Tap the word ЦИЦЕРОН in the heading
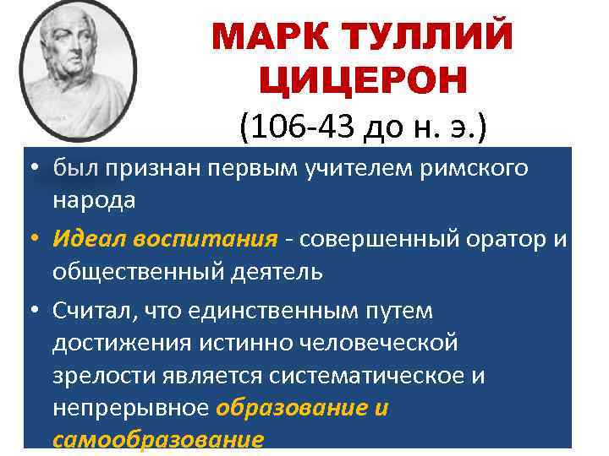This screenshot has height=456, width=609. point(361,81)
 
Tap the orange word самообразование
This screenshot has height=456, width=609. point(158,440)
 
